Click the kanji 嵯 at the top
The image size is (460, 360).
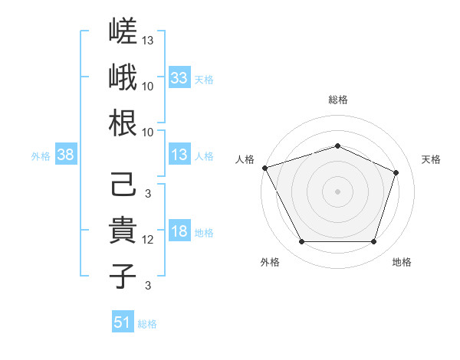click(x=123, y=31)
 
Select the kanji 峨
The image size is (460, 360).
click(x=123, y=77)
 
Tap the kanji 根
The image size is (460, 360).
click(x=123, y=123)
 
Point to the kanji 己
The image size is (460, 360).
click(x=123, y=184)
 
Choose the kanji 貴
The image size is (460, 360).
click(x=123, y=230)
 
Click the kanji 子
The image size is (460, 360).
click(x=123, y=276)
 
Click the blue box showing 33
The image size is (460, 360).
click(x=179, y=77)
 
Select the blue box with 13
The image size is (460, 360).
click(x=179, y=154)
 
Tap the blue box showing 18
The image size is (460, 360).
click(x=179, y=230)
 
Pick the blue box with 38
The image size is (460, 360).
click(x=66, y=154)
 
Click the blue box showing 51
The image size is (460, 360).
click(x=123, y=321)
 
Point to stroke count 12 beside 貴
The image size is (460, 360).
click(x=147, y=240)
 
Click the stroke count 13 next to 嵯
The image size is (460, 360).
click(x=147, y=41)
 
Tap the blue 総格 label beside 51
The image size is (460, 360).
click(x=147, y=324)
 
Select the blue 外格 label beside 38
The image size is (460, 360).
click(x=41, y=156)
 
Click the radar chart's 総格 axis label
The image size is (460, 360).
click(x=338, y=100)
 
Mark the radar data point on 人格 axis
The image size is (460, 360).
click(x=265, y=168)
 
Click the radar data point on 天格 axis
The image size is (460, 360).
click(x=396, y=172)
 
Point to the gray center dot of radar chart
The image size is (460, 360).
click(x=337, y=191)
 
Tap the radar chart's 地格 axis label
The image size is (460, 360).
click(x=402, y=262)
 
